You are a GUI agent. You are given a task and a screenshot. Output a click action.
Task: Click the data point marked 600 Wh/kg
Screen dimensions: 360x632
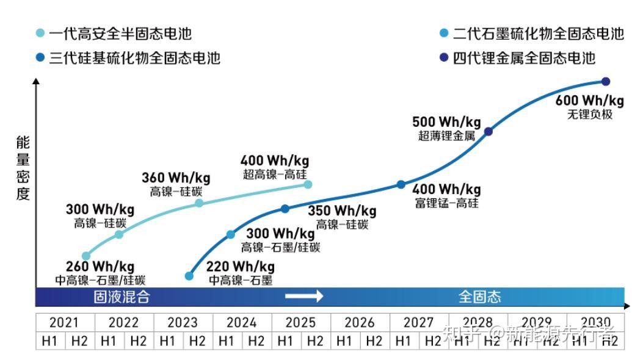(606, 82)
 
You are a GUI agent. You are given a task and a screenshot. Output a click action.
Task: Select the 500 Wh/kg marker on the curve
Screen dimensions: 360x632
(488, 131)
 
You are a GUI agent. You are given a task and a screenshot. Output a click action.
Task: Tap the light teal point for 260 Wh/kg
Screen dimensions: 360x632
(86, 256)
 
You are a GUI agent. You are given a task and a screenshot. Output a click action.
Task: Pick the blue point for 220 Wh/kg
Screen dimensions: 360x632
(189, 276)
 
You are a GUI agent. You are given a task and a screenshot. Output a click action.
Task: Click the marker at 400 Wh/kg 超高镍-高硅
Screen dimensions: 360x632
(308, 184)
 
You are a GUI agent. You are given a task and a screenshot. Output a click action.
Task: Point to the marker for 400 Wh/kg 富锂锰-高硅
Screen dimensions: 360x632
(401, 184)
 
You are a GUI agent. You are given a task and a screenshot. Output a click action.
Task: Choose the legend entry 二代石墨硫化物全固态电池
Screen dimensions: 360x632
(531, 34)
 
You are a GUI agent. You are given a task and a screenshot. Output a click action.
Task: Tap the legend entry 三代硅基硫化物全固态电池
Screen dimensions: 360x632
(128, 58)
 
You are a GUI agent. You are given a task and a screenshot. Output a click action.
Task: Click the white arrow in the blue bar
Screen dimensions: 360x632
(304, 297)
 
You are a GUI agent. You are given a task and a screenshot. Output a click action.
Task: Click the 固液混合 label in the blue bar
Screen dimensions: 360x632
(122, 297)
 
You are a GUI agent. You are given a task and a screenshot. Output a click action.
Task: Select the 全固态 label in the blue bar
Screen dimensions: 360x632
(479, 297)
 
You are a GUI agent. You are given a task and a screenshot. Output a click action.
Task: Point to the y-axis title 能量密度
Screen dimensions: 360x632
(23, 168)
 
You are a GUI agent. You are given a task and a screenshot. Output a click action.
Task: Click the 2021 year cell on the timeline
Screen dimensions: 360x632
(65, 322)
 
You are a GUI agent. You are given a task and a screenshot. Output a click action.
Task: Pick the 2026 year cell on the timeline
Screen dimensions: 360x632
(360, 322)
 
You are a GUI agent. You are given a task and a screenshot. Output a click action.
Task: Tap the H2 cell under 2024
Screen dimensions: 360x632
(256, 340)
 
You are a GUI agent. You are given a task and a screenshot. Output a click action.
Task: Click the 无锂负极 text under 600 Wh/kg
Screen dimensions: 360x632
(589, 114)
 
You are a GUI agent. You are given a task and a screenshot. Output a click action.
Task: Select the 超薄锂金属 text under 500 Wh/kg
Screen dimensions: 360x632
(446, 136)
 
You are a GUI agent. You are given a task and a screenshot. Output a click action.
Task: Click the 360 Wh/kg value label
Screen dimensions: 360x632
(176, 178)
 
